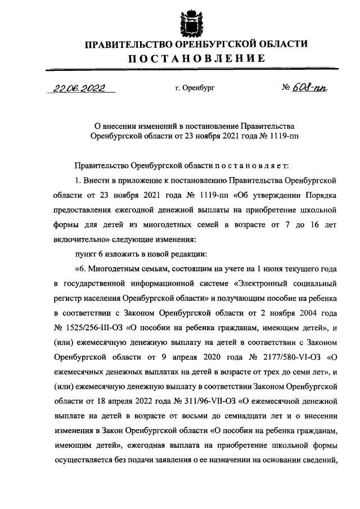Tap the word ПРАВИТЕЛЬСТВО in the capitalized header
click(129, 44)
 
